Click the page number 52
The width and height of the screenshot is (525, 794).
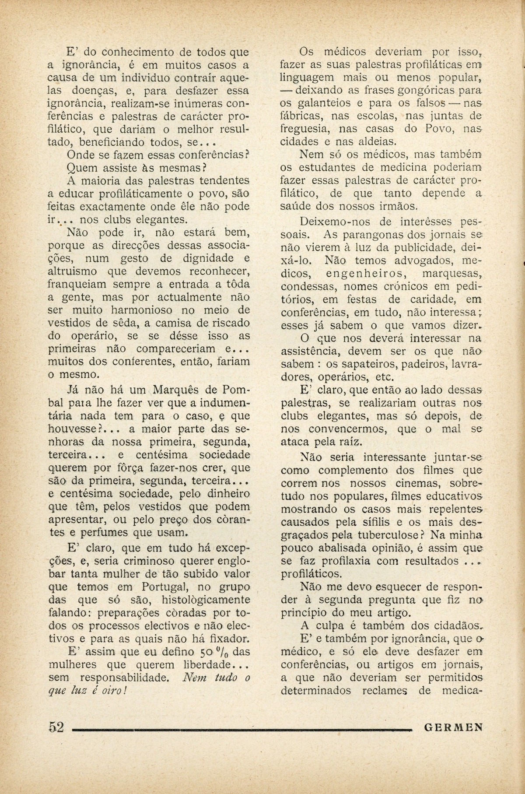tap(56, 727)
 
